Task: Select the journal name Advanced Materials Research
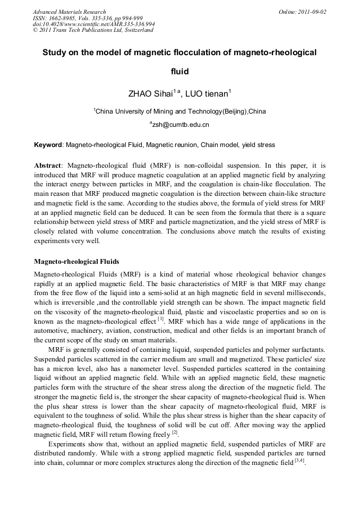tap(69, 12)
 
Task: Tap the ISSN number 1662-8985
tap(63, 18)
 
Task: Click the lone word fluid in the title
tap(179, 71)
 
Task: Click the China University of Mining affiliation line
tap(180, 111)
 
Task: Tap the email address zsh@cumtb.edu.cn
tap(180, 125)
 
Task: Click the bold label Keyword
tap(48, 144)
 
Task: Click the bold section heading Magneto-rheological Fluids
tap(76, 262)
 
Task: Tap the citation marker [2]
tap(174, 433)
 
